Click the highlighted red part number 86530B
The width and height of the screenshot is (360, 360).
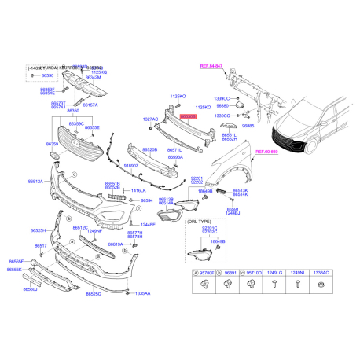pyautogui.click(x=188, y=115)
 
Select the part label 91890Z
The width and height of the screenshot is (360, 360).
pyautogui.click(x=130, y=166)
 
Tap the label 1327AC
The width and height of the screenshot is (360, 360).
pyautogui.click(x=151, y=119)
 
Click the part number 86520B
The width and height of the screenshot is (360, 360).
pyautogui.click(x=149, y=149)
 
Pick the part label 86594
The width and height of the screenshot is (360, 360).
pyautogui.click(x=146, y=201)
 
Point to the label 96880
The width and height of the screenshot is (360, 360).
pyautogui.click(x=227, y=105)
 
